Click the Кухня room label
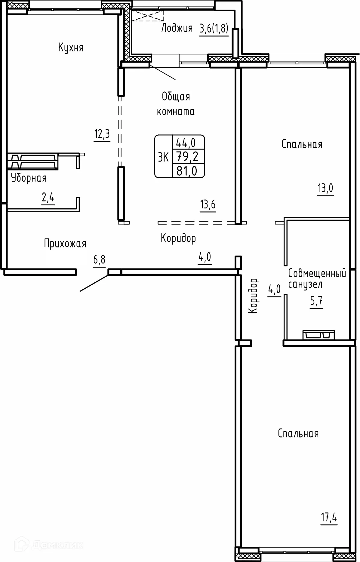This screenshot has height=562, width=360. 71,48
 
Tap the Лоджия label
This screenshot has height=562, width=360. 177,28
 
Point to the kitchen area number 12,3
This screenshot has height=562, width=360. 102,134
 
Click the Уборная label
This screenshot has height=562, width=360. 29,178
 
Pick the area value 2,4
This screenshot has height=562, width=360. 48,199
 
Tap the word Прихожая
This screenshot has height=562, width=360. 65,243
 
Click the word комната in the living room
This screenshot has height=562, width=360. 176,112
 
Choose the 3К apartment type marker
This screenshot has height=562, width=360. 164,157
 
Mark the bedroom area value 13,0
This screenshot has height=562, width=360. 325,189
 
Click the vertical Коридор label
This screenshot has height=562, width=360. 254,296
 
